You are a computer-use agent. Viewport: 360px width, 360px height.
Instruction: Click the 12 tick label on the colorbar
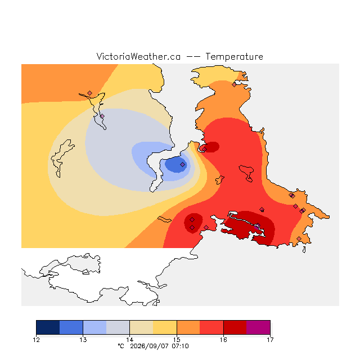coord(36,340)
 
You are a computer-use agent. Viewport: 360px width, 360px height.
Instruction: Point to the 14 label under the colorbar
coord(130,340)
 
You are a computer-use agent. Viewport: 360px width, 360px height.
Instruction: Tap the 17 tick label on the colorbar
coord(270,340)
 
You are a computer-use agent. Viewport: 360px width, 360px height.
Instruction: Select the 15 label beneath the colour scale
coord(177,340)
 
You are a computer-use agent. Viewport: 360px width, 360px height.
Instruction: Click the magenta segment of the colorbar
coord(258,327)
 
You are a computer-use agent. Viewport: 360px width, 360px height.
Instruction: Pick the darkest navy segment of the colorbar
coord(48,327)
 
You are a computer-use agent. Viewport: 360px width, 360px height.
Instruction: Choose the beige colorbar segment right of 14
coord(141,327)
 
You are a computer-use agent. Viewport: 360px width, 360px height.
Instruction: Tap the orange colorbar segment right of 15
coord(188,327)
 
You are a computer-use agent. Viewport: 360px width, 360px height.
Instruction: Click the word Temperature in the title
coord(234,57)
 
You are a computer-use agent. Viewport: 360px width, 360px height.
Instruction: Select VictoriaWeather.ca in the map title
coord(138,57)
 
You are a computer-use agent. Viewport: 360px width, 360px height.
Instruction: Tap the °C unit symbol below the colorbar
coord(121,346)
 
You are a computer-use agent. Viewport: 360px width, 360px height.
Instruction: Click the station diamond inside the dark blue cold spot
coord(182,164)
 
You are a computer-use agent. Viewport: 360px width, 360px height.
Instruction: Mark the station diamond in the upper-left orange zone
coord(90,93)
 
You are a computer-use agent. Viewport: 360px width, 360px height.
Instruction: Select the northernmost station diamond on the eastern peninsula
coord(234,85)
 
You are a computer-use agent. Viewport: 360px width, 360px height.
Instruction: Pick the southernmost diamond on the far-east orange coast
coord(299,238)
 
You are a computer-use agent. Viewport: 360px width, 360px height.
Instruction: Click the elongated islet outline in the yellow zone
coord(164,219)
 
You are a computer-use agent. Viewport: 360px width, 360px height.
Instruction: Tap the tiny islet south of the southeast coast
coord(304,250)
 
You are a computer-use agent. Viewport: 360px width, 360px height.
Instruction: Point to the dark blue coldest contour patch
coord(176,164)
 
